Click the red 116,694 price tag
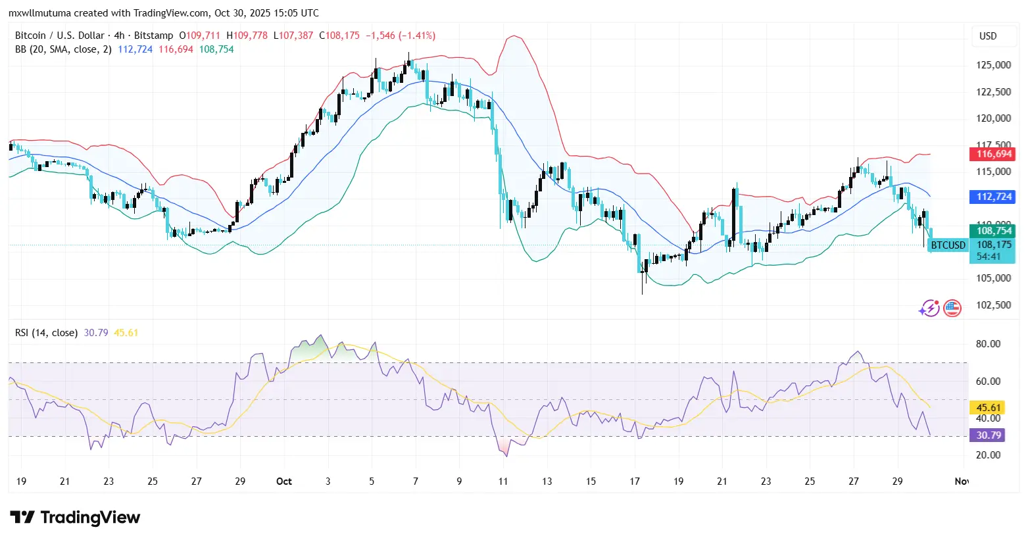(x=993, y=154)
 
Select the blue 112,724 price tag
(x=993, y=197)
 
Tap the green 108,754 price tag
(x=993, y=231)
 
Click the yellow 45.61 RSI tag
(x=988, y=408)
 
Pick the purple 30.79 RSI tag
(x=988, y=435)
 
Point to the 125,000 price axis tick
(x=993, y=65)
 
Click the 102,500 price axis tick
(x=993, y=305)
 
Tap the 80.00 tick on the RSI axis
(x=988, y=344)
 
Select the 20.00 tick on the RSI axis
(x=988, y=455)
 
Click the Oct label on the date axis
(x=284, y=481)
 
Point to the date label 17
(x=635, y=481)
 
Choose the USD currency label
(x=988, y=36)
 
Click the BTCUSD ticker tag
(x=948, y=245)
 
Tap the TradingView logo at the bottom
(x=75, y=518)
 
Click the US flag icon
(x=952, y=308)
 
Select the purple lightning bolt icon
(x=929, y=308)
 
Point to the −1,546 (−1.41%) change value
(x=400, y=36)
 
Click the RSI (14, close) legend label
(x=46, y=333)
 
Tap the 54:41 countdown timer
(x=988, y=257)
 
